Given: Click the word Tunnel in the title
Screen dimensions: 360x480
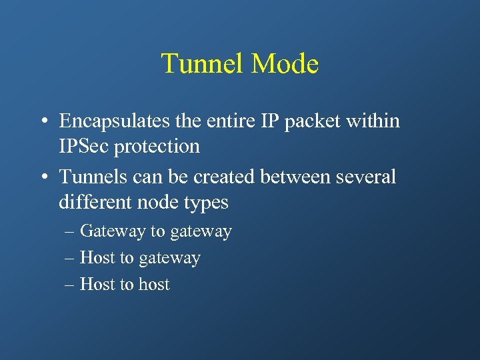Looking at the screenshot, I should pyautogui.click(x=203, y=64).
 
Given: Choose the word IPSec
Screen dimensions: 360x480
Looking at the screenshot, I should pyautogui.click(x=84, y=146).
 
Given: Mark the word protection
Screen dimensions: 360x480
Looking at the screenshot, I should pyautogui.click(x=157, y=147).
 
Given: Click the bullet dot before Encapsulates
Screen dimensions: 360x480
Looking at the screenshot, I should pyautogui.click(x=43, y=122).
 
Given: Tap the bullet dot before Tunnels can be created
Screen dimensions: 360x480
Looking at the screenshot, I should pyautogui.click(x=43, y=177).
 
